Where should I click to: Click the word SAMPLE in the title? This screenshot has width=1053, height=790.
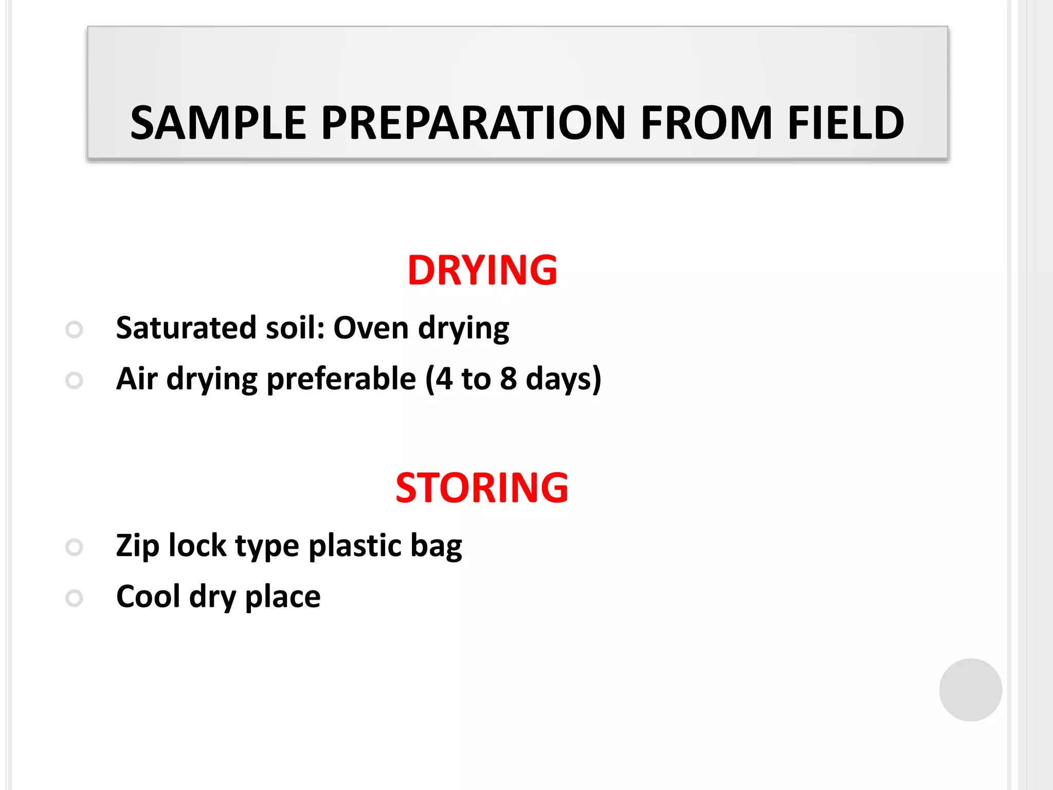click(x=218, y=123)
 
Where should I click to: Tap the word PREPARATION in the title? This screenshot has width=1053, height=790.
click(x=473, y=123)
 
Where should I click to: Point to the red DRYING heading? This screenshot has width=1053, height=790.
click(x=482, y=271)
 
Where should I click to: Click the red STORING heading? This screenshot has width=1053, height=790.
click(x=482, y=488)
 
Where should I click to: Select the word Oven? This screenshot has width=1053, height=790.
click(x=371, y=328)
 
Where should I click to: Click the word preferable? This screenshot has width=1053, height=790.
click(x=341, y=379)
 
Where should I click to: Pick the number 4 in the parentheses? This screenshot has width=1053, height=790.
click(x=444, y=379)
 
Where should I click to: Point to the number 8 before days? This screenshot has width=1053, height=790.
click(x=508, y=379)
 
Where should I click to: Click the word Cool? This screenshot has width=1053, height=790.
click(x=148, y=597)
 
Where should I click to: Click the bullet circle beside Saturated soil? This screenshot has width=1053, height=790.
click(x=75, y=330)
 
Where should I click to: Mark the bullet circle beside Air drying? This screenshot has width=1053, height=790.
click(x=75, y=381)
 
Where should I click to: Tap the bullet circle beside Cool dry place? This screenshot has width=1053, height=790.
click(x=75, y=598)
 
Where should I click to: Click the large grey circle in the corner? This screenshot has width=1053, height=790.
click(x=970, y=690)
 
